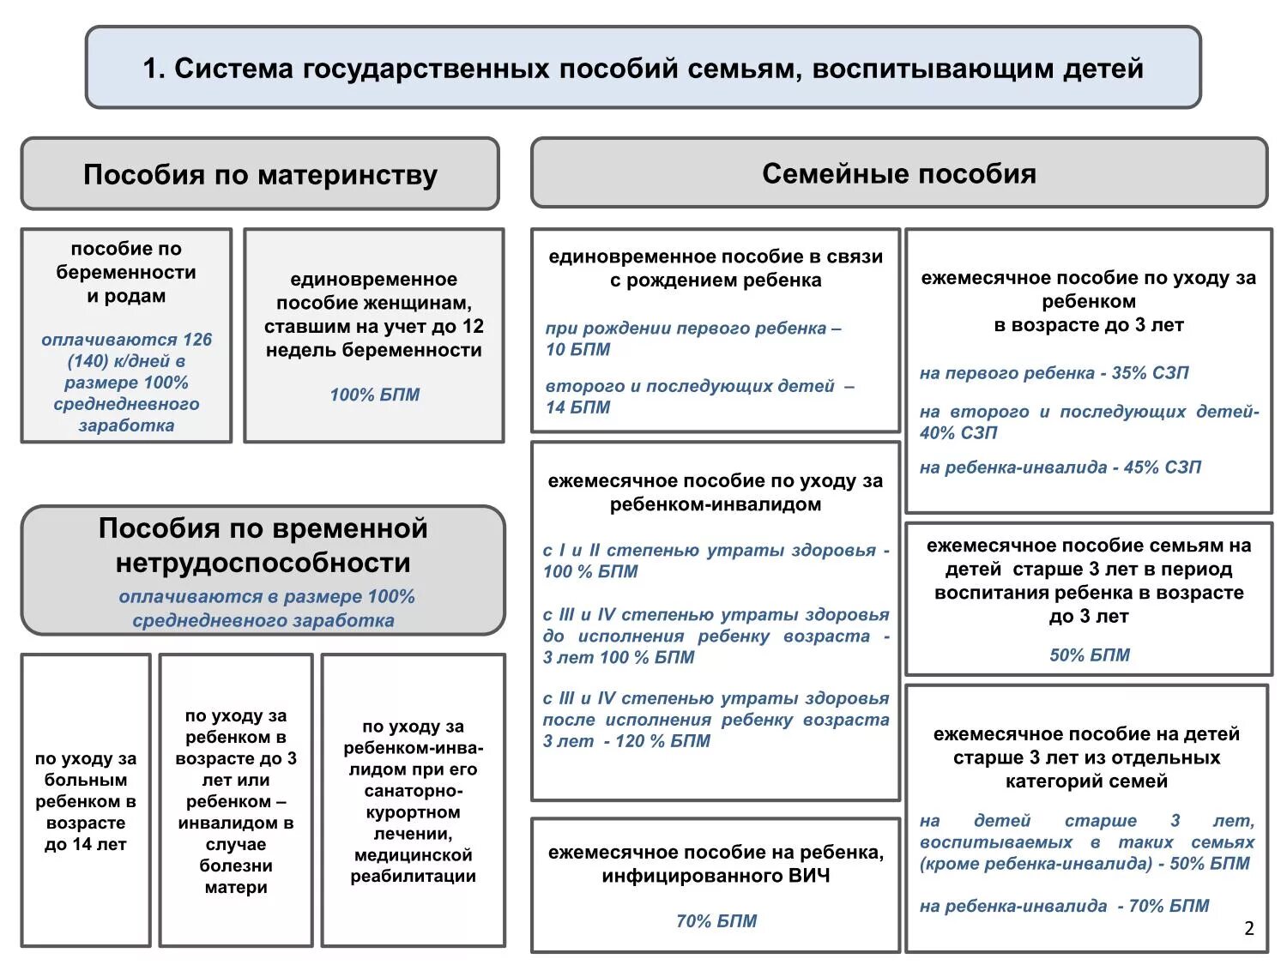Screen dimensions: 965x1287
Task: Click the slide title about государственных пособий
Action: tap(643, 69)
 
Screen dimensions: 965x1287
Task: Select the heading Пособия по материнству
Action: tap(260, 175)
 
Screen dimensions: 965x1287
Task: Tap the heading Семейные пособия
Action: tap(898, 174)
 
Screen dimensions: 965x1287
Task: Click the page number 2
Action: tap(1248, 928)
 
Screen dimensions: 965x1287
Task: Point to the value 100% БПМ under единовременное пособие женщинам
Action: tap(375, 395)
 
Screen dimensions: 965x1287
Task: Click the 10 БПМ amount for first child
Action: tap(578, 350)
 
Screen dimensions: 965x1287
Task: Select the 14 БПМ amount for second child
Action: tap(578, 408)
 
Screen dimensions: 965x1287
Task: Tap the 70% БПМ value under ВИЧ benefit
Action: tap(716, 921)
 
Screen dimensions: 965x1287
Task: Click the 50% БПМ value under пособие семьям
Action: tap(1090, 655)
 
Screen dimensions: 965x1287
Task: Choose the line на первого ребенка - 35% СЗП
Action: tap(1054, 373)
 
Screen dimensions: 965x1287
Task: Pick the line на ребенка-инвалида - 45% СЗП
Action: tap(1060, 467)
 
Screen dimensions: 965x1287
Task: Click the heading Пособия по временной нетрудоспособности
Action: tap(263, 546)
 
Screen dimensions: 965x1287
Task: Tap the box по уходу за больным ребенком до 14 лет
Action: tap(86, 801)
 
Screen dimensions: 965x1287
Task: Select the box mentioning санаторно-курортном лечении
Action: tap(413, 801)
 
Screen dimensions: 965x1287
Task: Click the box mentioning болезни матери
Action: tap(236, 801)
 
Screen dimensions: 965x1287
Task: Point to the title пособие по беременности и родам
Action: tap(126, 273)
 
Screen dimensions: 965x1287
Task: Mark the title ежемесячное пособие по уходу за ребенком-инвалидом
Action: tap(716, 492)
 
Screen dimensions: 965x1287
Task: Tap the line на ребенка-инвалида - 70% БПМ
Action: tap(1064, 906)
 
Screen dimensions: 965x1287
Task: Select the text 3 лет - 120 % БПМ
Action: tap(626, 741)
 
